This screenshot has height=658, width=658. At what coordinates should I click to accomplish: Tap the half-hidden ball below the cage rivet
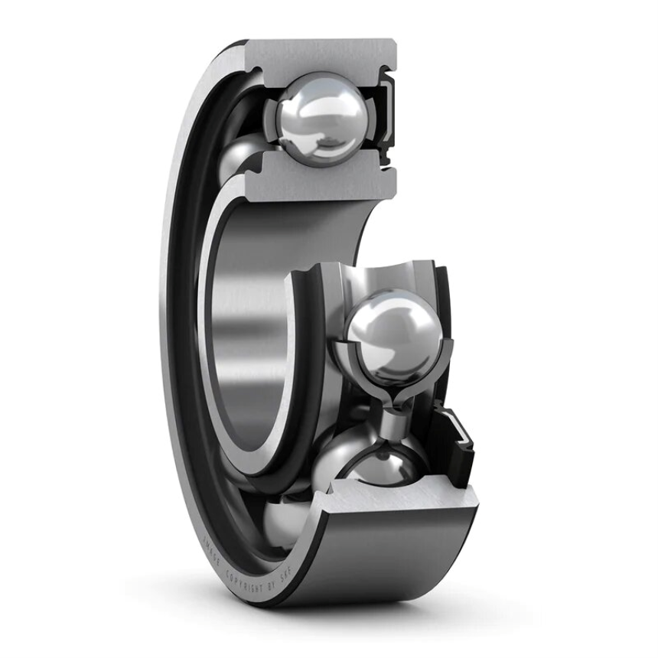(375, 459)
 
